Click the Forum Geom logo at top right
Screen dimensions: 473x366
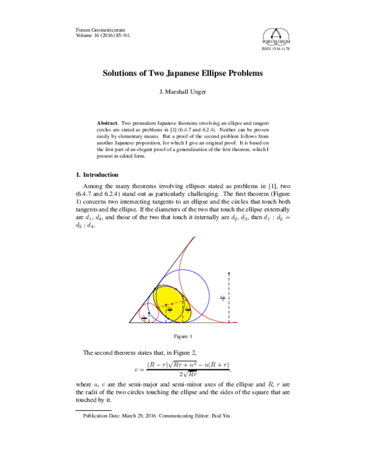point(276,37)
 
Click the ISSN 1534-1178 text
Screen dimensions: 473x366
point(276,49)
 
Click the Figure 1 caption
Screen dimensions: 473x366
point(183,336)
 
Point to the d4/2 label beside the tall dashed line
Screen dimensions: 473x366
point(222,297)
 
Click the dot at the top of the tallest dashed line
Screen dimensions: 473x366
point(228,273)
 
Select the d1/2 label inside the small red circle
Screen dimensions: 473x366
point(144,316)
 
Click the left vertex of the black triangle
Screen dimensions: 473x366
point(129,322)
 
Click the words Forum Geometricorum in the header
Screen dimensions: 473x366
point(95,29)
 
